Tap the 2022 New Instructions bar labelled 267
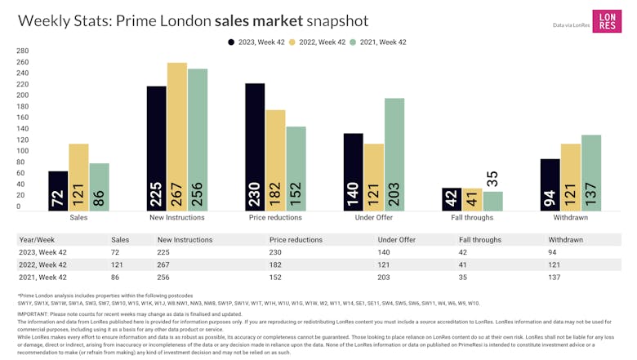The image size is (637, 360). [x=176, y=137]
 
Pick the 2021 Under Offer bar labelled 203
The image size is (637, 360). [x=394, y=155]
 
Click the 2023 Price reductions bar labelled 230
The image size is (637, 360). [x=254, y=147]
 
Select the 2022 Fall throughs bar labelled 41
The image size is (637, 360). [x=471, y=201]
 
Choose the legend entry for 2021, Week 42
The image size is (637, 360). [x=381, y=42]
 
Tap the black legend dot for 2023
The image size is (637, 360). [x=232, y=42]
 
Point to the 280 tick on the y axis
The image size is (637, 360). [x=11, y=51]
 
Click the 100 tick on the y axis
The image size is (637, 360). [x=11, y=151]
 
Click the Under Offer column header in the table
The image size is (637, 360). [x=397, y=240]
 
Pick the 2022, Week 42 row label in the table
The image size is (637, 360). [x=42, y=264]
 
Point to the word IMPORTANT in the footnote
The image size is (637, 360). [x=34, y=313]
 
